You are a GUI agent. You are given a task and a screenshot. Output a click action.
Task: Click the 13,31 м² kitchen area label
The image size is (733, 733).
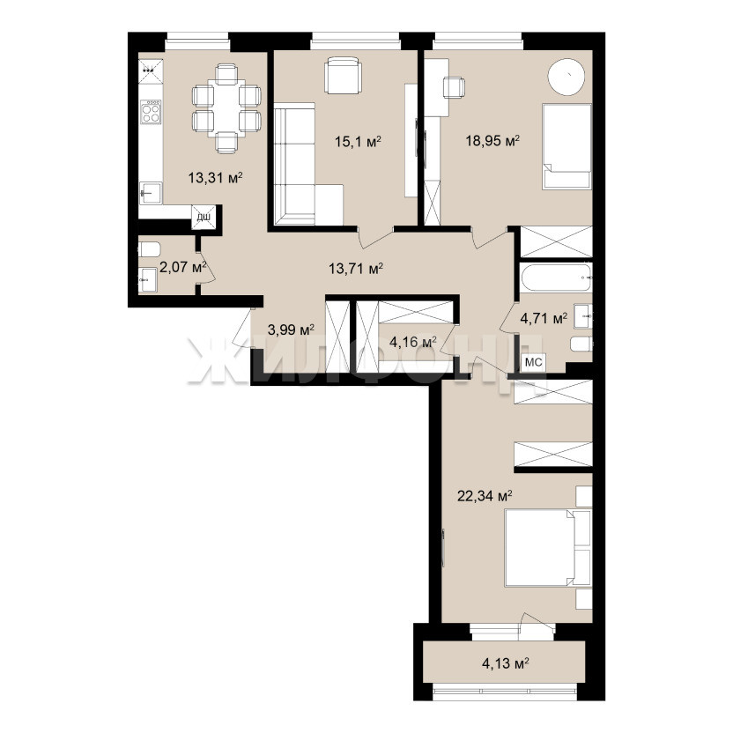point(215,178)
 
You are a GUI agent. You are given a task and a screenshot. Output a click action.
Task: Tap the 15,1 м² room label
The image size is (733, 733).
point(358,141)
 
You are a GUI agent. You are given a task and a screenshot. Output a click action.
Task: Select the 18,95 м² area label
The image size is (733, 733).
point(492,141)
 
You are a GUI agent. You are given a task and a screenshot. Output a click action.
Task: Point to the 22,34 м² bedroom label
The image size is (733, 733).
point(485,495)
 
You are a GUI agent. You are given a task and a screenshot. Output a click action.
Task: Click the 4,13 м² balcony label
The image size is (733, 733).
point(506,663)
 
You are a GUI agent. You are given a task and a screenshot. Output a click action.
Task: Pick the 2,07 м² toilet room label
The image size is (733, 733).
point(182,268)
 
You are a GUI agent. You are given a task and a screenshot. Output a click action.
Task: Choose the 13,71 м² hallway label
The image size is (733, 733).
point(356,269)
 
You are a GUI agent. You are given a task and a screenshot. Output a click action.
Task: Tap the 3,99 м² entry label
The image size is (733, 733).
point(291,330)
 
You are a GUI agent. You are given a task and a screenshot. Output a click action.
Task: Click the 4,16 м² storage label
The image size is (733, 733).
point(413,342)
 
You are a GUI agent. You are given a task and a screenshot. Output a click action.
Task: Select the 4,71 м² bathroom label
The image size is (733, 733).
point(544,319)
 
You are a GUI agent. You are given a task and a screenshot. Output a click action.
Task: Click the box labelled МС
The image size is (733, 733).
point(533,362)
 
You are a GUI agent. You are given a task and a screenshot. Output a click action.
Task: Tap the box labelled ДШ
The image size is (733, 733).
point(204,218)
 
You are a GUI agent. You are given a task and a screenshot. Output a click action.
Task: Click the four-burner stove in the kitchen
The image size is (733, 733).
point(151,112)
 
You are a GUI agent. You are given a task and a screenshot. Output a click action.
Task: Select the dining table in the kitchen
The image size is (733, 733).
point(226,109)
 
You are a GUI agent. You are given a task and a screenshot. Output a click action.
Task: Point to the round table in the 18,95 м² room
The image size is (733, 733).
point(566,78)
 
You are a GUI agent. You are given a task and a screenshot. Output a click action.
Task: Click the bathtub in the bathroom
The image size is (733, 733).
point(556,278)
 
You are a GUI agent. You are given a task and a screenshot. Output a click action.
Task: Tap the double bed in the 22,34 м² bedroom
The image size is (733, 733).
point(548,547)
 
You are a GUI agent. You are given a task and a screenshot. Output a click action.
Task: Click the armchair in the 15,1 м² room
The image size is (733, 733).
point(343,75)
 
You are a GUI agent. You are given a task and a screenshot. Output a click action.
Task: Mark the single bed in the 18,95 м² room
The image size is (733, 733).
point(566,147)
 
